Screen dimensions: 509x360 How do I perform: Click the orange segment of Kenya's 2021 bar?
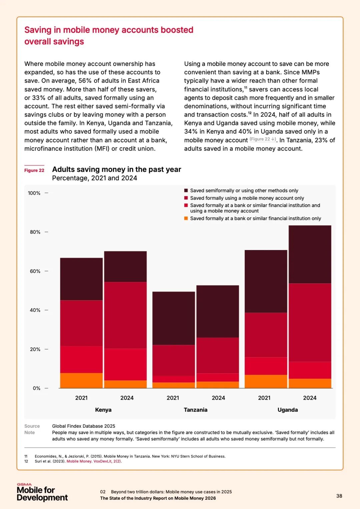tap(81, 380)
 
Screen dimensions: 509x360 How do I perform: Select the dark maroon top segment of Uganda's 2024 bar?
tap(310, 254)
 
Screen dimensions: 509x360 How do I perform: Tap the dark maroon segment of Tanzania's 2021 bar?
tap(173, 318)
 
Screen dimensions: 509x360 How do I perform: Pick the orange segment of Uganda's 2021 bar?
tap(266, 381)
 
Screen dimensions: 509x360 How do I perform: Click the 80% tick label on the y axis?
tap(35, 232)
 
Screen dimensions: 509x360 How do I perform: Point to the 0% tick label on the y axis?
tap(36, 388)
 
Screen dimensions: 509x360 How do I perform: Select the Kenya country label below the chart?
tap(103, 410)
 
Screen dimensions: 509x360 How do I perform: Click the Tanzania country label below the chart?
tap(195, 410)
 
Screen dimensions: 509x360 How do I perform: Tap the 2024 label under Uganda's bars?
tap(310, 398)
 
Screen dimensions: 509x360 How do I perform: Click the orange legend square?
tap(186, 218)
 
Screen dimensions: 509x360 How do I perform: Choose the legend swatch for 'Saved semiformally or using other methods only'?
tap(186, 191)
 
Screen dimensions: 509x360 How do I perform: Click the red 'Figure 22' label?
tap(34, 170)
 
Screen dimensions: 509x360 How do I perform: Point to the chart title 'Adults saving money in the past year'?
tap(117, 169)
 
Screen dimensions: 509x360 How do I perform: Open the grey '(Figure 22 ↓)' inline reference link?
tap(263, 139)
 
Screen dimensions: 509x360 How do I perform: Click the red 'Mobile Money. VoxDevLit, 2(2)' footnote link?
tap(94, 461)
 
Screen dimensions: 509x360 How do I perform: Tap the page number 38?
tap(339, 496)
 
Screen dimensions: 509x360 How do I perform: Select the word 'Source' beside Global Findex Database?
tap(32, 426)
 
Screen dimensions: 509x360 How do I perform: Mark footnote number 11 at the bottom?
tap(26, 456)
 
